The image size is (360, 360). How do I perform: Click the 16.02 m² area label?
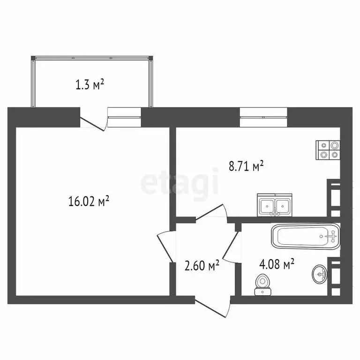tap(89, 201)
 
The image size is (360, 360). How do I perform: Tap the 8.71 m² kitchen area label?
tap(246, 166)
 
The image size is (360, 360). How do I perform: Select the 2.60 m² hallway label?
tap(202, 265)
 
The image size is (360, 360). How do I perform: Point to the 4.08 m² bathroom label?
tap(277, 264)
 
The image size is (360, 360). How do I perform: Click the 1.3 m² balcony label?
tap(90, 84)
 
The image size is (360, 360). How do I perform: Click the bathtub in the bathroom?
tap(306, 236)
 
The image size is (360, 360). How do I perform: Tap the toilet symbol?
tap(263, 285)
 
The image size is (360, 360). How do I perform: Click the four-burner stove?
tap(328, 150)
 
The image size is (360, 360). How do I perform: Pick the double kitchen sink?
tap(275, 205)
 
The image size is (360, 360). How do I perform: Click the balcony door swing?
tap(94, 122)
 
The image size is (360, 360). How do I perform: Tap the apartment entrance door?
tap(212, 307)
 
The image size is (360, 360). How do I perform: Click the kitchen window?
tap(263, 117)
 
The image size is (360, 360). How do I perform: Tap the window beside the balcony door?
tap(124, 117)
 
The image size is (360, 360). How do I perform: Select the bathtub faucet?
tap(331, 236)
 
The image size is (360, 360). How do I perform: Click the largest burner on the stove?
tap(334, 145)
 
